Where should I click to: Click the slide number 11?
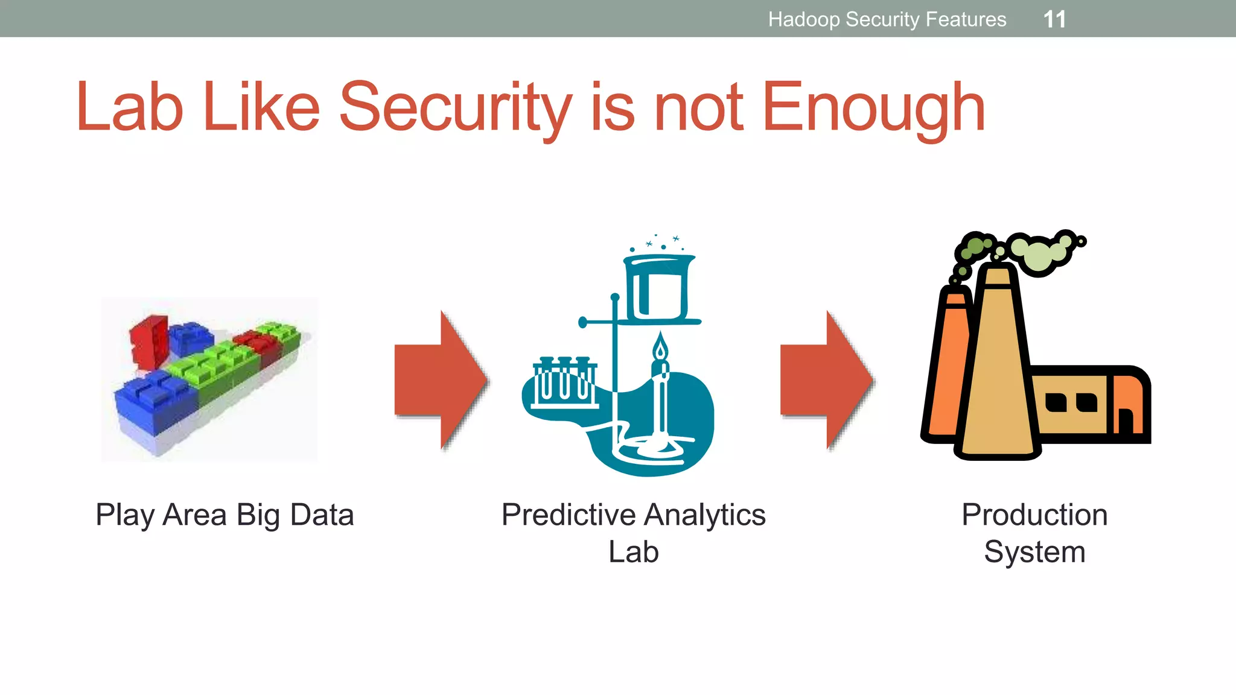[x=1054, y=19]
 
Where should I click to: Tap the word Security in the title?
[x=455, y=109]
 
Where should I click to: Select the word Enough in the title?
[x=873, y=109]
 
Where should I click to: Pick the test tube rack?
[x=564, y=382]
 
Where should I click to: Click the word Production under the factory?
[x=1034, y=515]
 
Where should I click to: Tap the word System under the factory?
[x=1034, y=552]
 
